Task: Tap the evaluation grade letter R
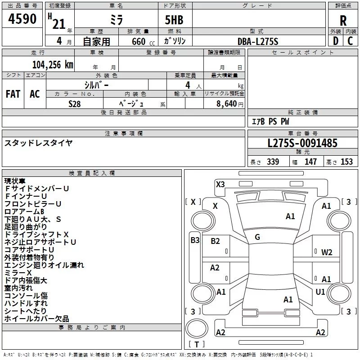[343, 21]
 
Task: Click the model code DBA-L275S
[258, 41]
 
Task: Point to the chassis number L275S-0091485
[302, 144]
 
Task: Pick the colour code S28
[75, 103]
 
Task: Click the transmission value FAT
[13, 94]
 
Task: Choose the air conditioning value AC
[35, 94]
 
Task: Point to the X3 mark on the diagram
[220, 184]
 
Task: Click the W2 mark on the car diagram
[327, 252]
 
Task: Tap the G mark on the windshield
[257, 237]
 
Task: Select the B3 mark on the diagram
[194, 240]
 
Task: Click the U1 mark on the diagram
[320, 292]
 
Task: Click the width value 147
[311, 162]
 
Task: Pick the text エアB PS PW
[270, 121]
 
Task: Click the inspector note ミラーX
[18, 273]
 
